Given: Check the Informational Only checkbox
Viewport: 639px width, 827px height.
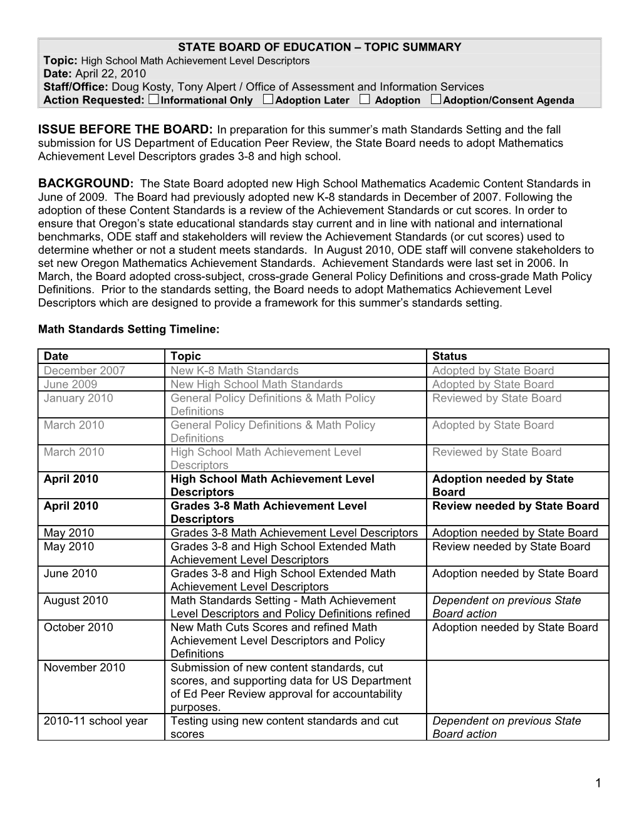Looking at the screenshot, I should coord(154,100).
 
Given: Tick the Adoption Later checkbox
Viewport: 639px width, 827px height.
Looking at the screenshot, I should coord(268,99).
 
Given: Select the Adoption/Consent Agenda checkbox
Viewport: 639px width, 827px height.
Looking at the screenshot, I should coord(436,99).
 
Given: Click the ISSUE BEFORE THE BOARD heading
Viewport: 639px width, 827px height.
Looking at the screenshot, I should coord(126,130).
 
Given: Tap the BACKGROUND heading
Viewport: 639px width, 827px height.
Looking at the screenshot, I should coord(86,183).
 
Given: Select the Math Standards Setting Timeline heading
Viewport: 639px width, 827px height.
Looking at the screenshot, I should coord(128,329).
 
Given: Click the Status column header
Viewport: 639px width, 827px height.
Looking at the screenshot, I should coord(449,356).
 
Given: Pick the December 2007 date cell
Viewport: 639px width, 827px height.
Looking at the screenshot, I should coord(84,370).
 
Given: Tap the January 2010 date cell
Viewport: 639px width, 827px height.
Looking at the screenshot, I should coord(78,398).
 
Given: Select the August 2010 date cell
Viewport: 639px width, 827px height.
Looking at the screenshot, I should coord(75,600).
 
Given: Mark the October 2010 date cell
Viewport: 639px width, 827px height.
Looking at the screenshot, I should coord(78,627).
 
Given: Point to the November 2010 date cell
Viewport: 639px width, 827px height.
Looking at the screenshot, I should coord(84,667).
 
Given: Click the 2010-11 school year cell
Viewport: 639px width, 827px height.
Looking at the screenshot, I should coord(95,720).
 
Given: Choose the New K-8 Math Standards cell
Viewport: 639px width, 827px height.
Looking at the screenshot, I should coord(234,370).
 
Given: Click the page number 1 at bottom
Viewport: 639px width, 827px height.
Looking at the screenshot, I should coord(598,783).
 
